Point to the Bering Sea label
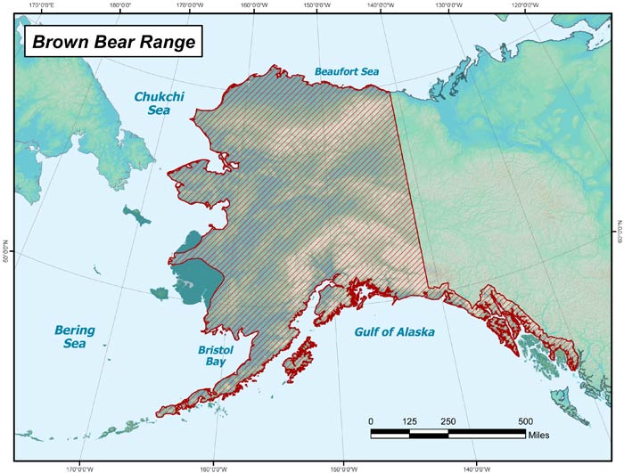click(75, 336)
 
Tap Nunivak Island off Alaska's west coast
click(161, 292)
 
